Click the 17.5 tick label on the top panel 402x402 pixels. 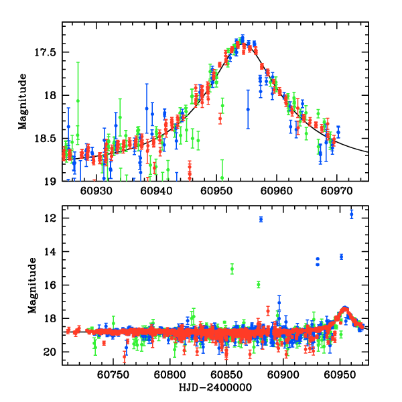[47, 52]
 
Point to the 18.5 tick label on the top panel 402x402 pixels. [47, 139]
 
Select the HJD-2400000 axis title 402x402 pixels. [215, 388]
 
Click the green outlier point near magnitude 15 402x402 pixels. [232, 269]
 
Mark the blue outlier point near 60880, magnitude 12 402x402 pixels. [261, 219]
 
